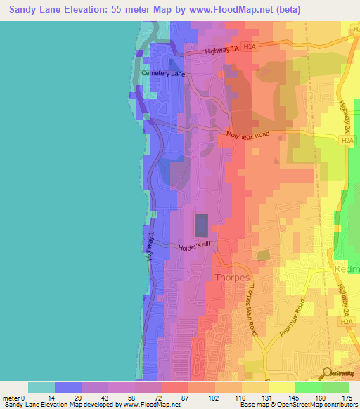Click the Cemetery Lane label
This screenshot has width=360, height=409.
tap(163, 73)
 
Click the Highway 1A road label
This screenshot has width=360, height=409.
tap(224, 51)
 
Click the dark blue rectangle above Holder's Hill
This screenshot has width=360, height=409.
tap(202, 226)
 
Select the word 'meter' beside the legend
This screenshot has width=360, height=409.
tap(11, 398)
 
